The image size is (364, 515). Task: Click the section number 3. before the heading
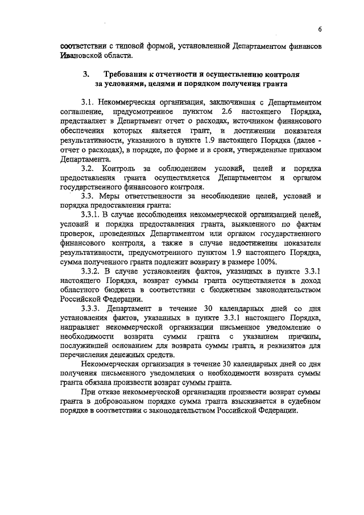coord(86,75)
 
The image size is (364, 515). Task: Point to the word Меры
coord(111,196)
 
